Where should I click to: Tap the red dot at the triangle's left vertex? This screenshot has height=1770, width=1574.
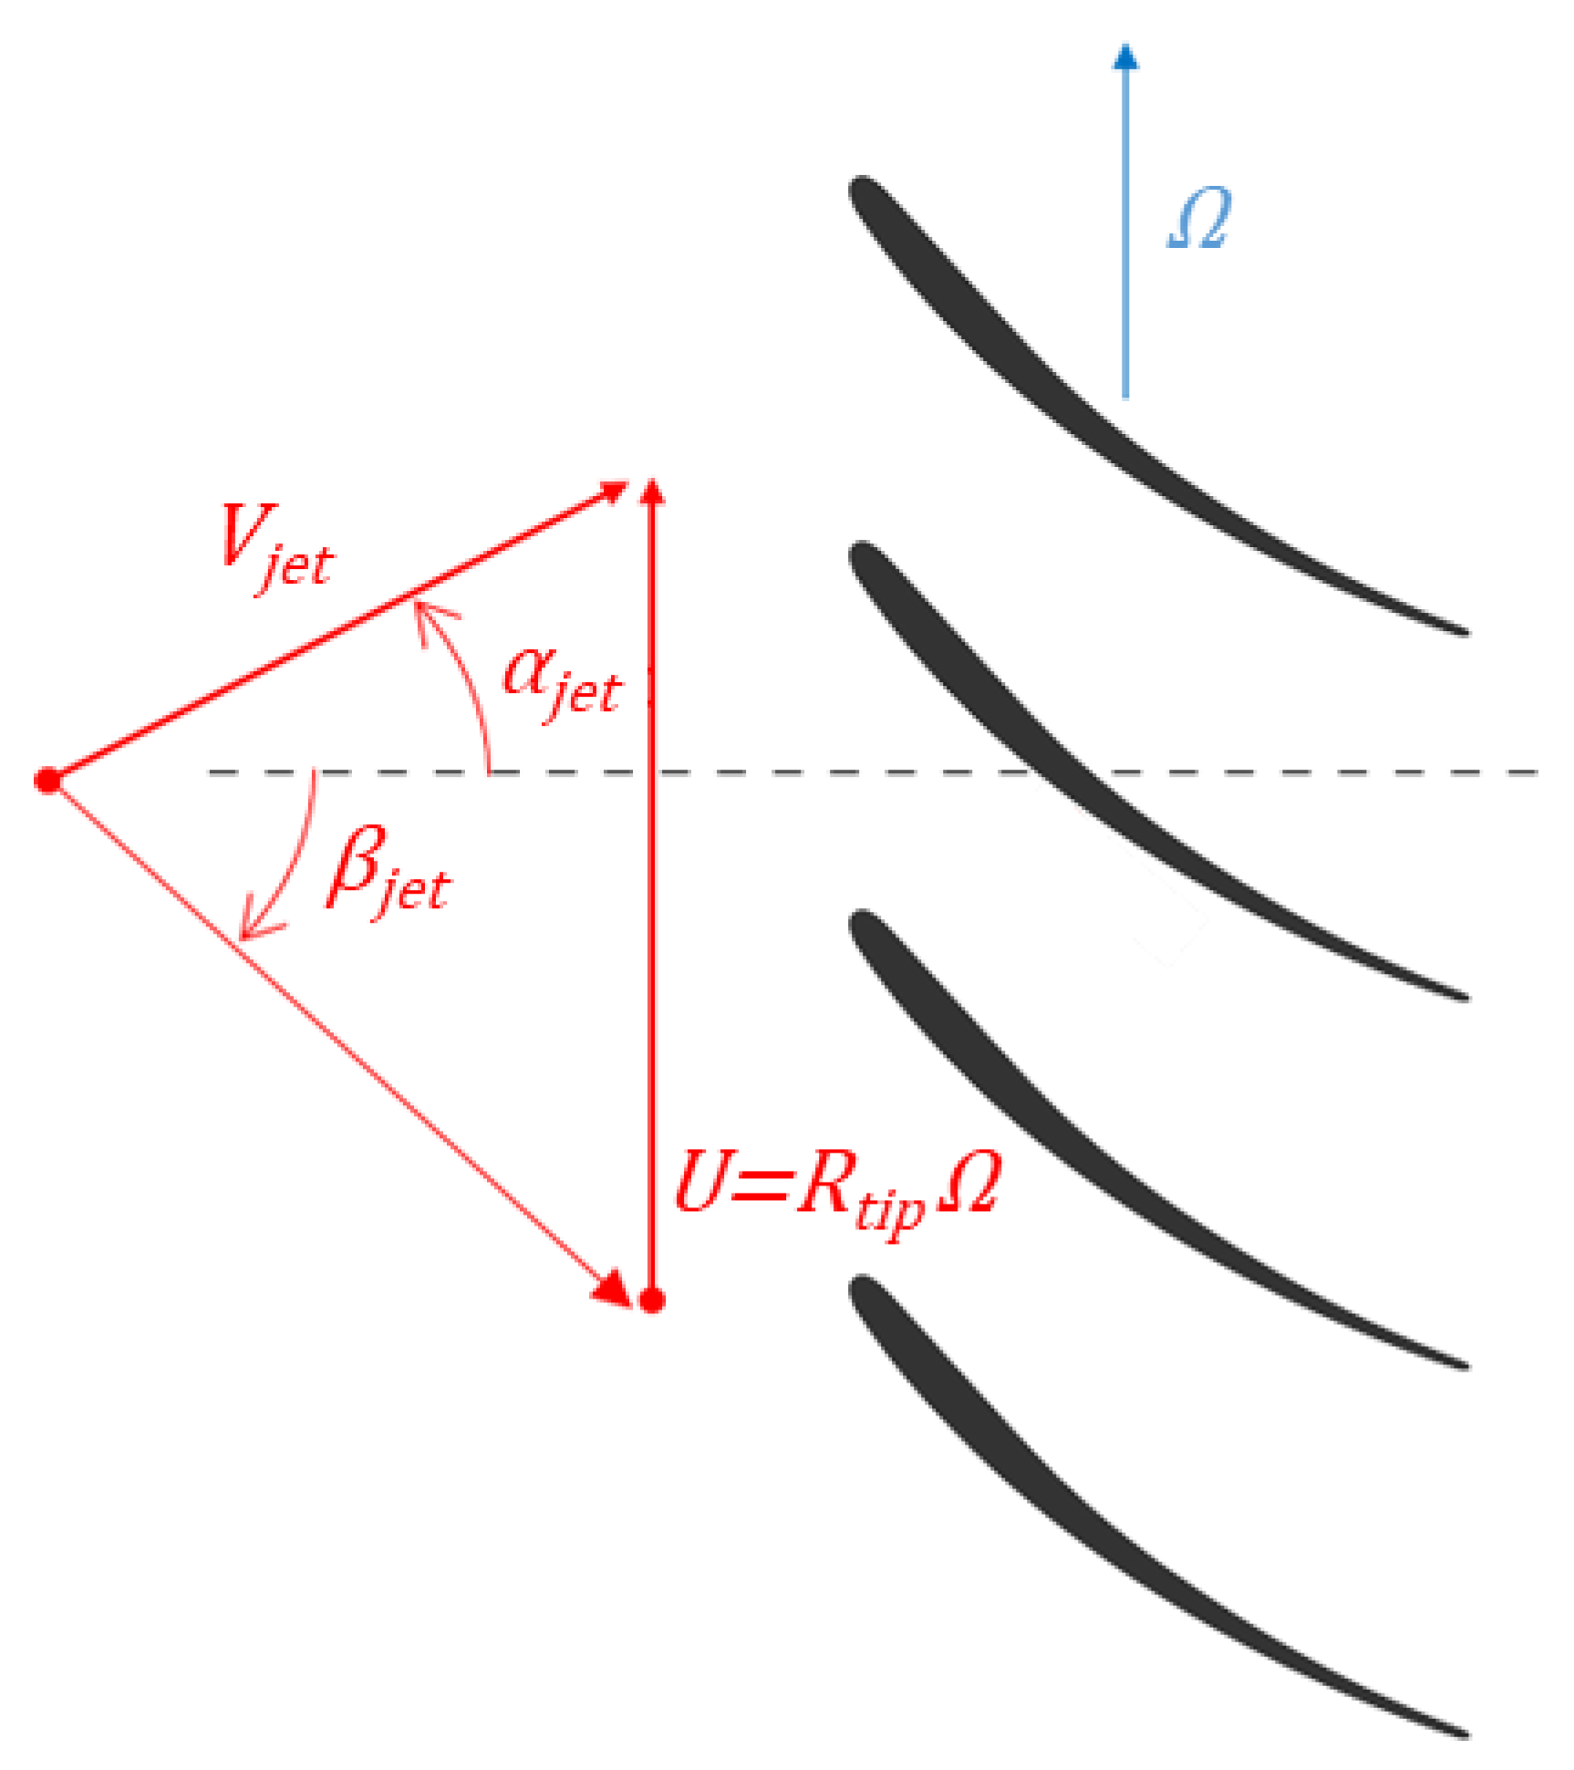click(x=47, y=781)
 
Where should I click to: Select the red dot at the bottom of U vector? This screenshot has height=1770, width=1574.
click(x=650, y=1300)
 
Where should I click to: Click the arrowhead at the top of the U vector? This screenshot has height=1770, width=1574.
click(x=650, y=492)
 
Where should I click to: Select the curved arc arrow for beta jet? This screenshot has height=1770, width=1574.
click(x=283, y=866)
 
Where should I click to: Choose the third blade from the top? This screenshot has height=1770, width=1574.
click(x=1094, y=1158)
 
